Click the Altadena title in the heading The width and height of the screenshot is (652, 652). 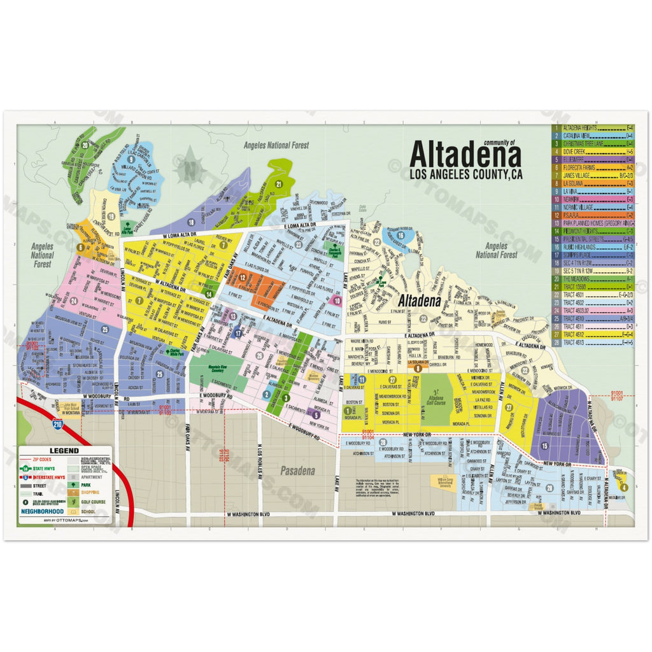465,155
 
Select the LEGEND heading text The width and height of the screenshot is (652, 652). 64,450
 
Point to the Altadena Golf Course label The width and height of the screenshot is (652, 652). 436,400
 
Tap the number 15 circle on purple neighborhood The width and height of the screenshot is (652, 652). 544,445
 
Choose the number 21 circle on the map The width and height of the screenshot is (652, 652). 279,185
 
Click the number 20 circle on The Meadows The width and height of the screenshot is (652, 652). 85,145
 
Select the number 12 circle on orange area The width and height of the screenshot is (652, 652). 243,277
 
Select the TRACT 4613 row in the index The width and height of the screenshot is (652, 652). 599,342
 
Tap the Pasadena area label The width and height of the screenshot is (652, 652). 298,472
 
